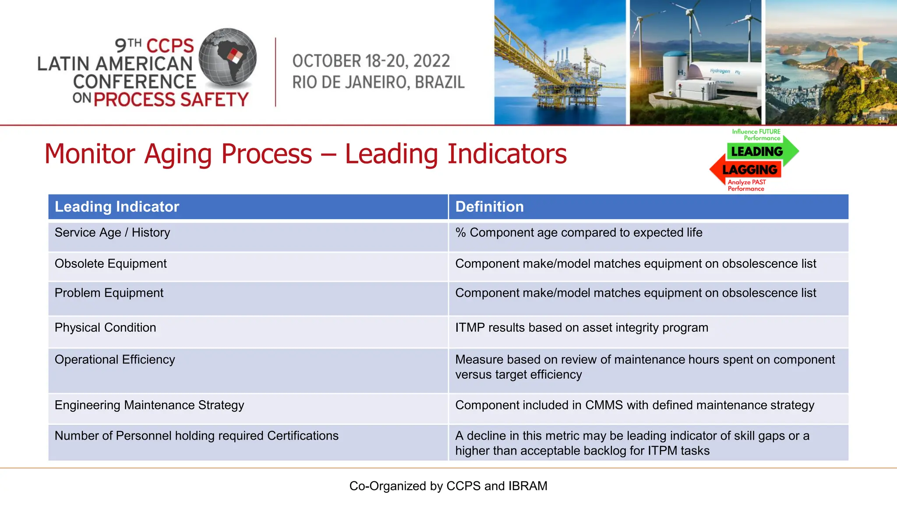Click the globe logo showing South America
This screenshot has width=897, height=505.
(x=228, y=57)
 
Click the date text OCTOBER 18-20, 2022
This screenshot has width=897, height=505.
(x=371, y=61)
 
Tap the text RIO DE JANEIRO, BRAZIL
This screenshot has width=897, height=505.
(x=378, y=82)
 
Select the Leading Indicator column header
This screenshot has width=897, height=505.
(x=117, y=206)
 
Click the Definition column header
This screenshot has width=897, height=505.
(x=489, y=206)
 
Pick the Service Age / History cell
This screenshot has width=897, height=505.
(x=112, y=232)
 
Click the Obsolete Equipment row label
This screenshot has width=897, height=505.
(x=110, y=263)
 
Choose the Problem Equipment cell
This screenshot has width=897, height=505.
(x=109, y=293)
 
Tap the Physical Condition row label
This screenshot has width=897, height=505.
(x=105, y=327)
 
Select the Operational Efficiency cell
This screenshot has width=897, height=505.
(x=115, y=359)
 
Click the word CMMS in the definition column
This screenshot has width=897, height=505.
(x=604, y=405)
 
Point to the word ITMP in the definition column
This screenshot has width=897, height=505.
(x=470, y=327)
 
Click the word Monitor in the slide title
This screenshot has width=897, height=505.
(x=90, y=154)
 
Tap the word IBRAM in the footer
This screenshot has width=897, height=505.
(x=528, y=486)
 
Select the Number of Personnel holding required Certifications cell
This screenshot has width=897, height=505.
(x=196, y=436)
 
